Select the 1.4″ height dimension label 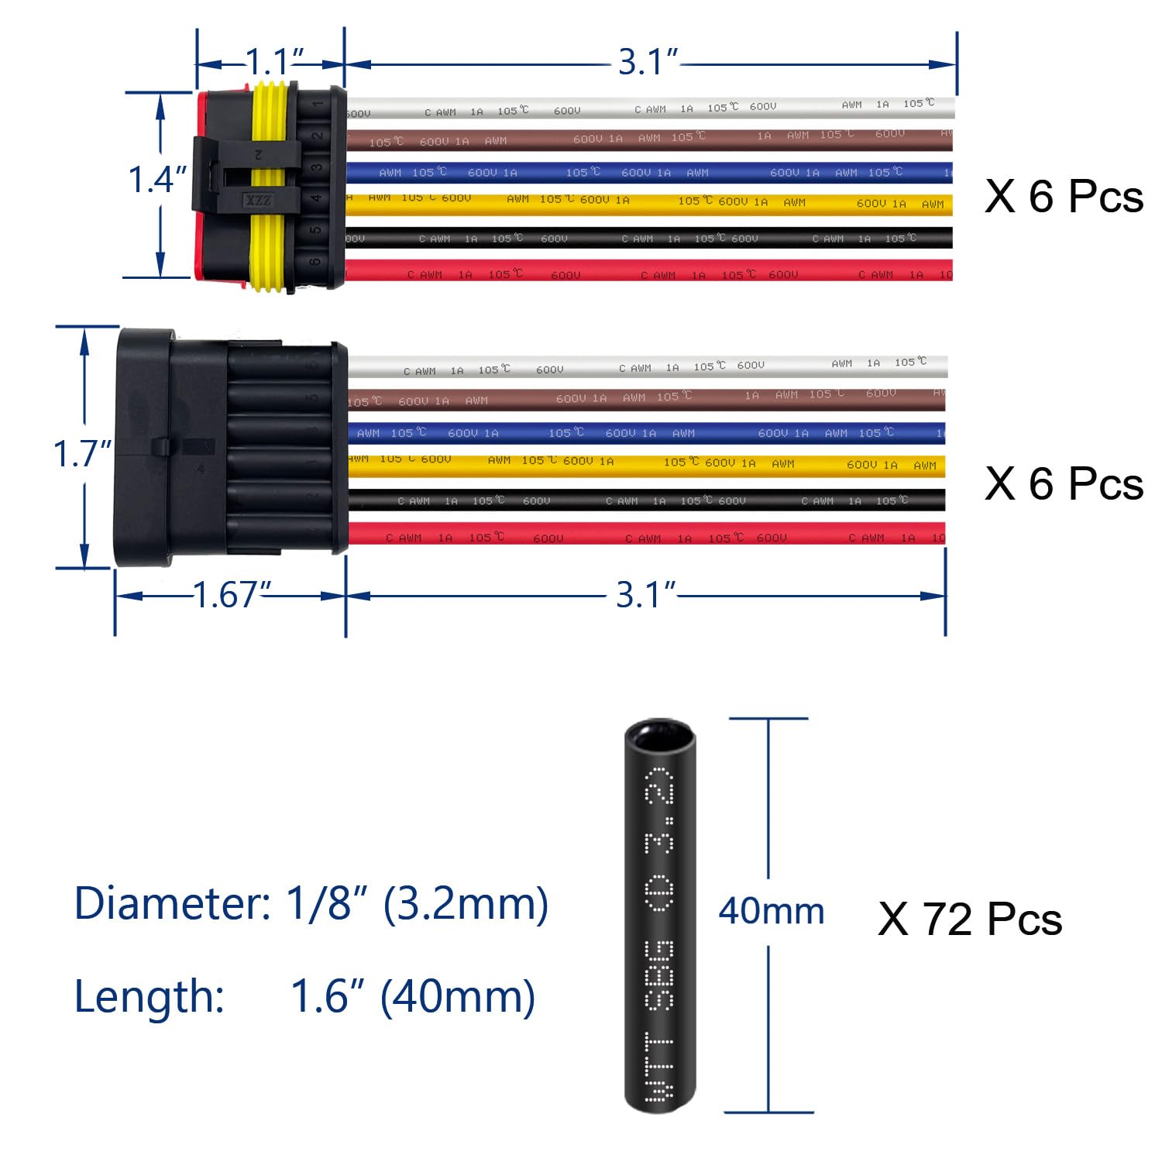[x=157, y=180]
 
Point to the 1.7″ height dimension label [x=82, y=454]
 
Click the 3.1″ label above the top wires [x=648, y=62]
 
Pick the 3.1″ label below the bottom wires [x=646, y=595]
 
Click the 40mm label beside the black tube [x=771, y=911]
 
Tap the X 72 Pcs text [x=969, y=920]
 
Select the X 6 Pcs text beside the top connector [x=1064, y=196]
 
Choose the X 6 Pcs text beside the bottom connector [x=1064, y=484]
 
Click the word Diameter [x=170, y=903]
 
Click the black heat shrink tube [x=660, y=914]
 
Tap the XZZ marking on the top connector [x=258, y=201]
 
